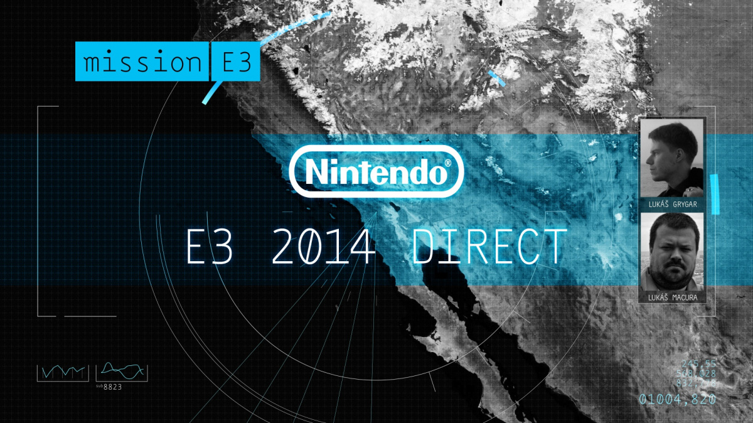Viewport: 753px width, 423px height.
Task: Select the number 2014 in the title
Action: [323, 247]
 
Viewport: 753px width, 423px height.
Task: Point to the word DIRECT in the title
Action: [489, 247]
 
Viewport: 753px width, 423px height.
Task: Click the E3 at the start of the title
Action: [210, 247]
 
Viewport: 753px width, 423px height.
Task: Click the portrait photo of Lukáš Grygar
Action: [671, 159]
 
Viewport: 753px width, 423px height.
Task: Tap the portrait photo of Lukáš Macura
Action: [671, 251]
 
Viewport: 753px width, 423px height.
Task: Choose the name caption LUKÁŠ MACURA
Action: [671, 296]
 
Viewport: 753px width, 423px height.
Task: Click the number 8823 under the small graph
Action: [113, 387]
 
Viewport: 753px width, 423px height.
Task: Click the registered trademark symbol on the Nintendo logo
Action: [447, 163]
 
